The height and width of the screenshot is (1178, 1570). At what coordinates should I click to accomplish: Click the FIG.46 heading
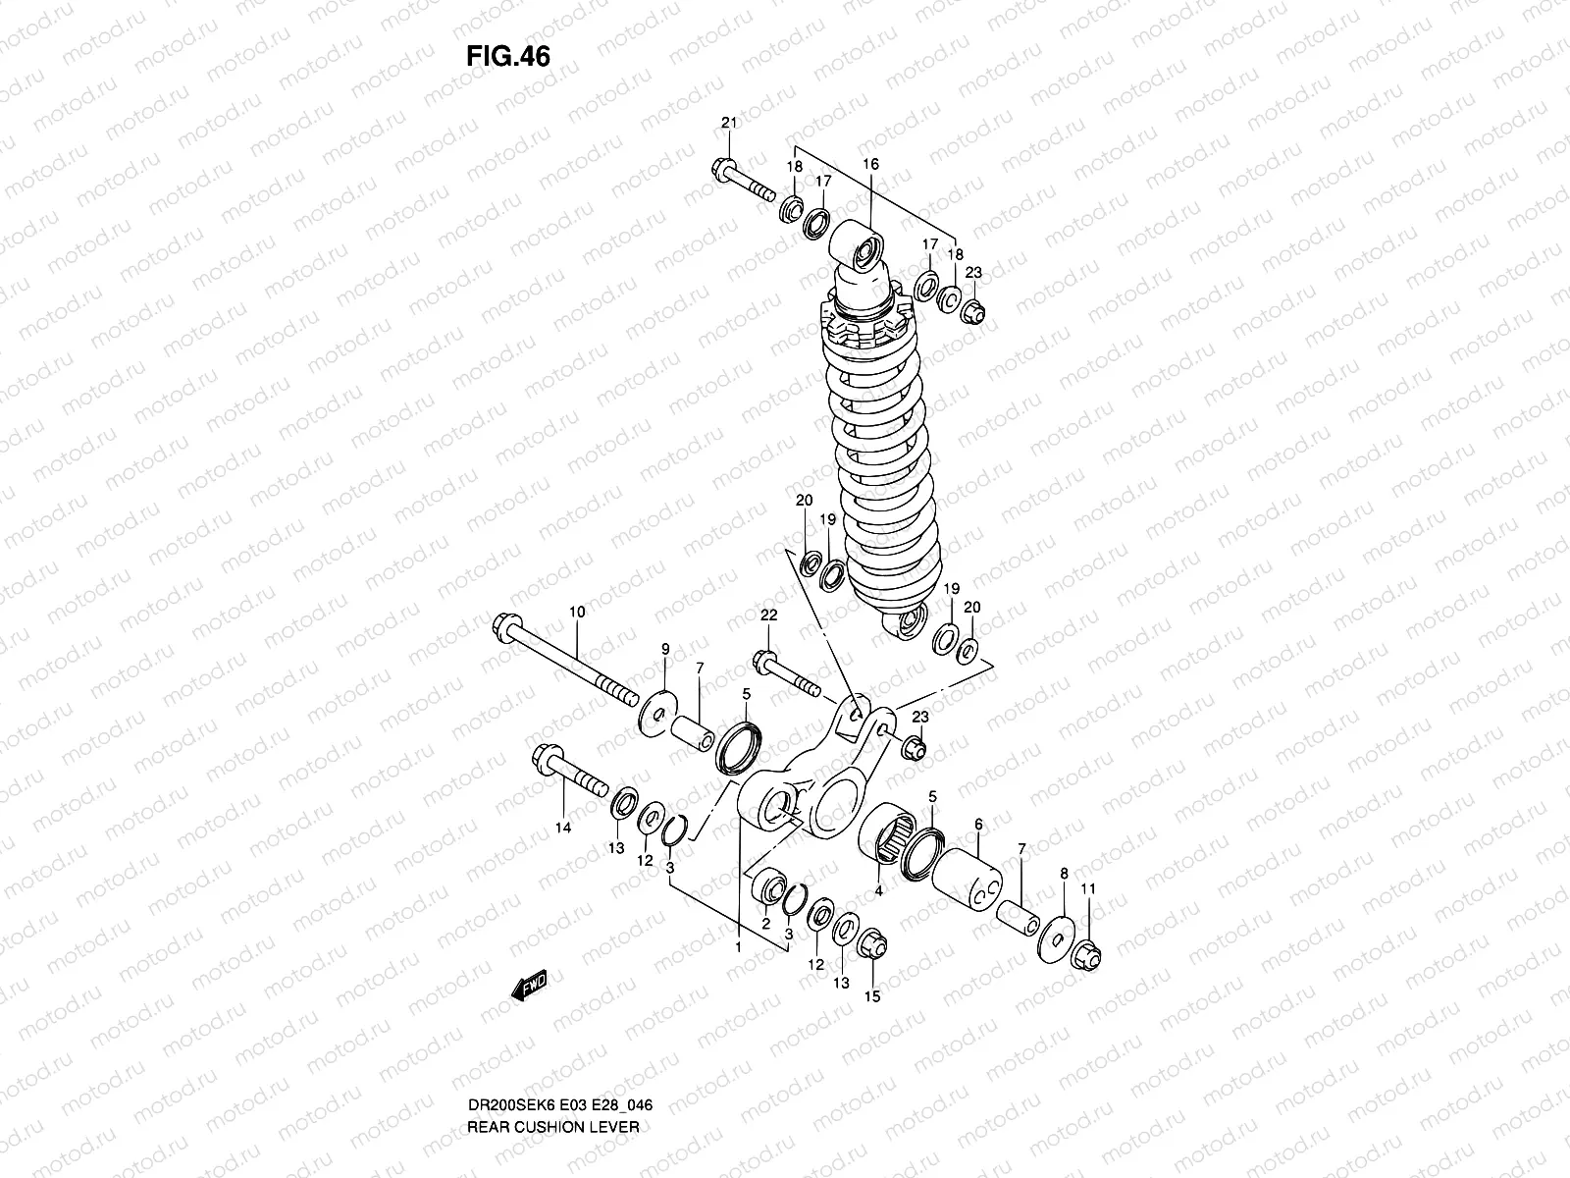(507, 56)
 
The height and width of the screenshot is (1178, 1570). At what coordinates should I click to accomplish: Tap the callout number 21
(728, 123)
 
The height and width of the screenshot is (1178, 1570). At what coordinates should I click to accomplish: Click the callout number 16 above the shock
(870, 164)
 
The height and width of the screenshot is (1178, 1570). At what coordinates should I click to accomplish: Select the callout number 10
(576, 612)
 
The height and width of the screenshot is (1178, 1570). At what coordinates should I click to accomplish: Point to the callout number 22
(768, 615)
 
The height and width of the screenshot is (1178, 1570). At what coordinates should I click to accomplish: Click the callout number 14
(562, 828)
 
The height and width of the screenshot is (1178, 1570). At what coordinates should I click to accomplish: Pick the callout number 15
(871, 996)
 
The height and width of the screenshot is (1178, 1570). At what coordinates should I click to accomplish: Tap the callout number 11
(1087, 888)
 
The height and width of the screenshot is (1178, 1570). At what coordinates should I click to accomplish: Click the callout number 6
(977, 825)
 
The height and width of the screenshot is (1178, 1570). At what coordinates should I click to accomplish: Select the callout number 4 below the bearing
(879, 891)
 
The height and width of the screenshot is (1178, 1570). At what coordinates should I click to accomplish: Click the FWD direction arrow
(528, 985)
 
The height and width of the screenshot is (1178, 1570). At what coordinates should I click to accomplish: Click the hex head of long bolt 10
(513, 624)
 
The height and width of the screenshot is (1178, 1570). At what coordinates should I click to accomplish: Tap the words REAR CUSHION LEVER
(552, 1071)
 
